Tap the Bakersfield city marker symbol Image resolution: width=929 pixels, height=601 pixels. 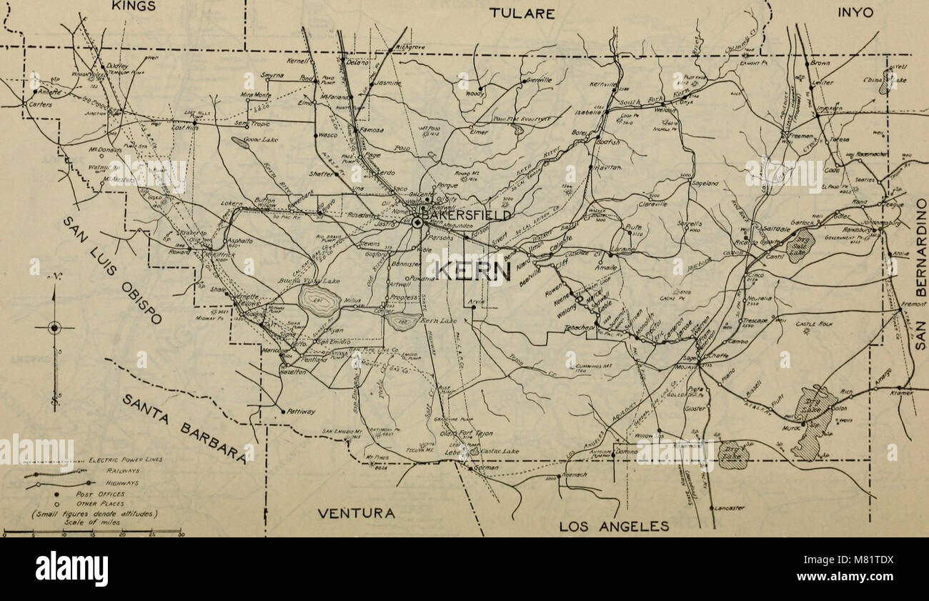click(417, 223)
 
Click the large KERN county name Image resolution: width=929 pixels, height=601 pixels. click(472, 271)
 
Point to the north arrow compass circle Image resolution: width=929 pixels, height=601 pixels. click(55, 328)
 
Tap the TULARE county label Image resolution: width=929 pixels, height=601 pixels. click(521, 13)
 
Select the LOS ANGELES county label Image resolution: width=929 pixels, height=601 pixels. click(614, 527)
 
